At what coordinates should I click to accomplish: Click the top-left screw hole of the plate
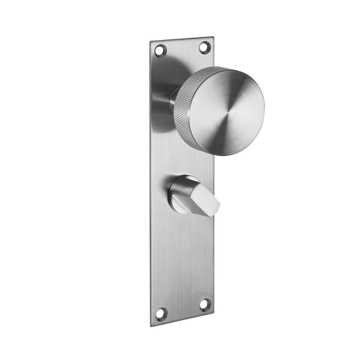[x=160, y=51]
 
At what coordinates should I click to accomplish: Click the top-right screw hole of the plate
[x=205, y=48]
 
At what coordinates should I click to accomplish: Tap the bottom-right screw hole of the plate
[x=205, y=304]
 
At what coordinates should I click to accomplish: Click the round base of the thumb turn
[x=178, y=188]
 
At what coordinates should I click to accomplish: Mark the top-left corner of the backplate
[x=149, y=40]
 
